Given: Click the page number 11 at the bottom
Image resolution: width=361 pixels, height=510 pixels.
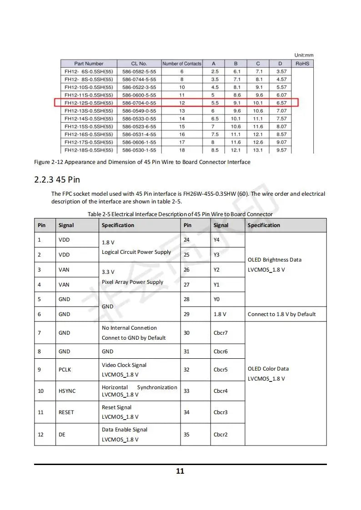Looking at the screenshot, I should [180, 471].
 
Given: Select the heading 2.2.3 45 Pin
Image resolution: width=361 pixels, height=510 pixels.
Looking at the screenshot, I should [57, 179].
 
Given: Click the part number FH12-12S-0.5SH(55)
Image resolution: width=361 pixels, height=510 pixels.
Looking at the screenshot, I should [89, 103].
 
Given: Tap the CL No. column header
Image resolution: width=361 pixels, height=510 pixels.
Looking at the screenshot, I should [139, 64].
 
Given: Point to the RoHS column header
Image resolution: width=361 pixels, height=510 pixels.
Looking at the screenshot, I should [302, 64].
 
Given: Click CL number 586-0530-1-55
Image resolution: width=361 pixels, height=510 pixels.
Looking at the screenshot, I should [139, 150].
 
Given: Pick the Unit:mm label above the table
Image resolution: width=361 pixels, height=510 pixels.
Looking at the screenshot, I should [304, 55].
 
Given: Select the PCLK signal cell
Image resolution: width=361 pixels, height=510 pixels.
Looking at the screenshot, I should [65, 370].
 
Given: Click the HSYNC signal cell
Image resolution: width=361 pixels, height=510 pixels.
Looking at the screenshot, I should [67, 391].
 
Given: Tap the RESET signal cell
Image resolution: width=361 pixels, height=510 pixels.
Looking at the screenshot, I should [66, 412].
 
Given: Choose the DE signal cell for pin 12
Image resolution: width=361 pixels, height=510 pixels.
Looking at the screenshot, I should [62, 435].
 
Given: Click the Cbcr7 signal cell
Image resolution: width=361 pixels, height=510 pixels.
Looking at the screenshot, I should [221, 333].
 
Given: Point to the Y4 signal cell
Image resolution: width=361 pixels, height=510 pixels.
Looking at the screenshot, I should [216, 240].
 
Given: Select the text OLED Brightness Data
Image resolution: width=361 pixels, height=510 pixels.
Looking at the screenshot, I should [275, 260].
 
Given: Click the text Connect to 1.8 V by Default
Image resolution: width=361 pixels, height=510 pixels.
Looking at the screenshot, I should [281, 314].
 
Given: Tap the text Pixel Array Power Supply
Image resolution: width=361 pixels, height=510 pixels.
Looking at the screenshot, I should [132, 282].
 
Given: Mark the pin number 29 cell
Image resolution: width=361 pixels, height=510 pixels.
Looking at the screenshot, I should [186, 314].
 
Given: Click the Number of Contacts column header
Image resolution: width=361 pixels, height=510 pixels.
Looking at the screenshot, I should [182, 64].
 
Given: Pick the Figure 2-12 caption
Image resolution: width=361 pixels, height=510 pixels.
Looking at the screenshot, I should [142, 162].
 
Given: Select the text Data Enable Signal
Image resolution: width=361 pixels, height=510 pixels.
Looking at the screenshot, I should [125, 430].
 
